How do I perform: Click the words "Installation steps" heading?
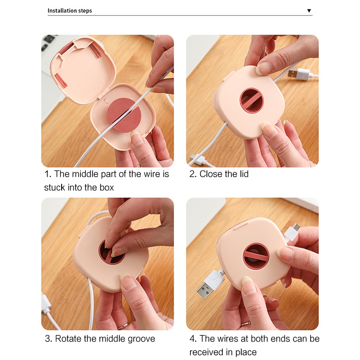tap(70, 10)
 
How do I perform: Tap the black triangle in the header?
tap(309, 10)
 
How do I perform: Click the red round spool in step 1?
tap(121, 115)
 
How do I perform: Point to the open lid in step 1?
tap(83, 69)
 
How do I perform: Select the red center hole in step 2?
tap(252, 100)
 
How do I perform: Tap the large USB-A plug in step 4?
tap(210, 283)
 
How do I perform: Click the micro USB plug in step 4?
tap(293, 232)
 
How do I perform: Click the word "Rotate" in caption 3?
tap(68, 339)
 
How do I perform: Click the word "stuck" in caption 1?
tap(54, 187)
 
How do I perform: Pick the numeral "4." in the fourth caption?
tap(193, 339)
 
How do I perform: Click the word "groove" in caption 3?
tap(141, 339)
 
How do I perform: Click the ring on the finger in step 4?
tap(246, 324)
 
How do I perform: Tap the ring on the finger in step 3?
tap(123, 325)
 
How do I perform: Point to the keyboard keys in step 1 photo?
tap(48, 42)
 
